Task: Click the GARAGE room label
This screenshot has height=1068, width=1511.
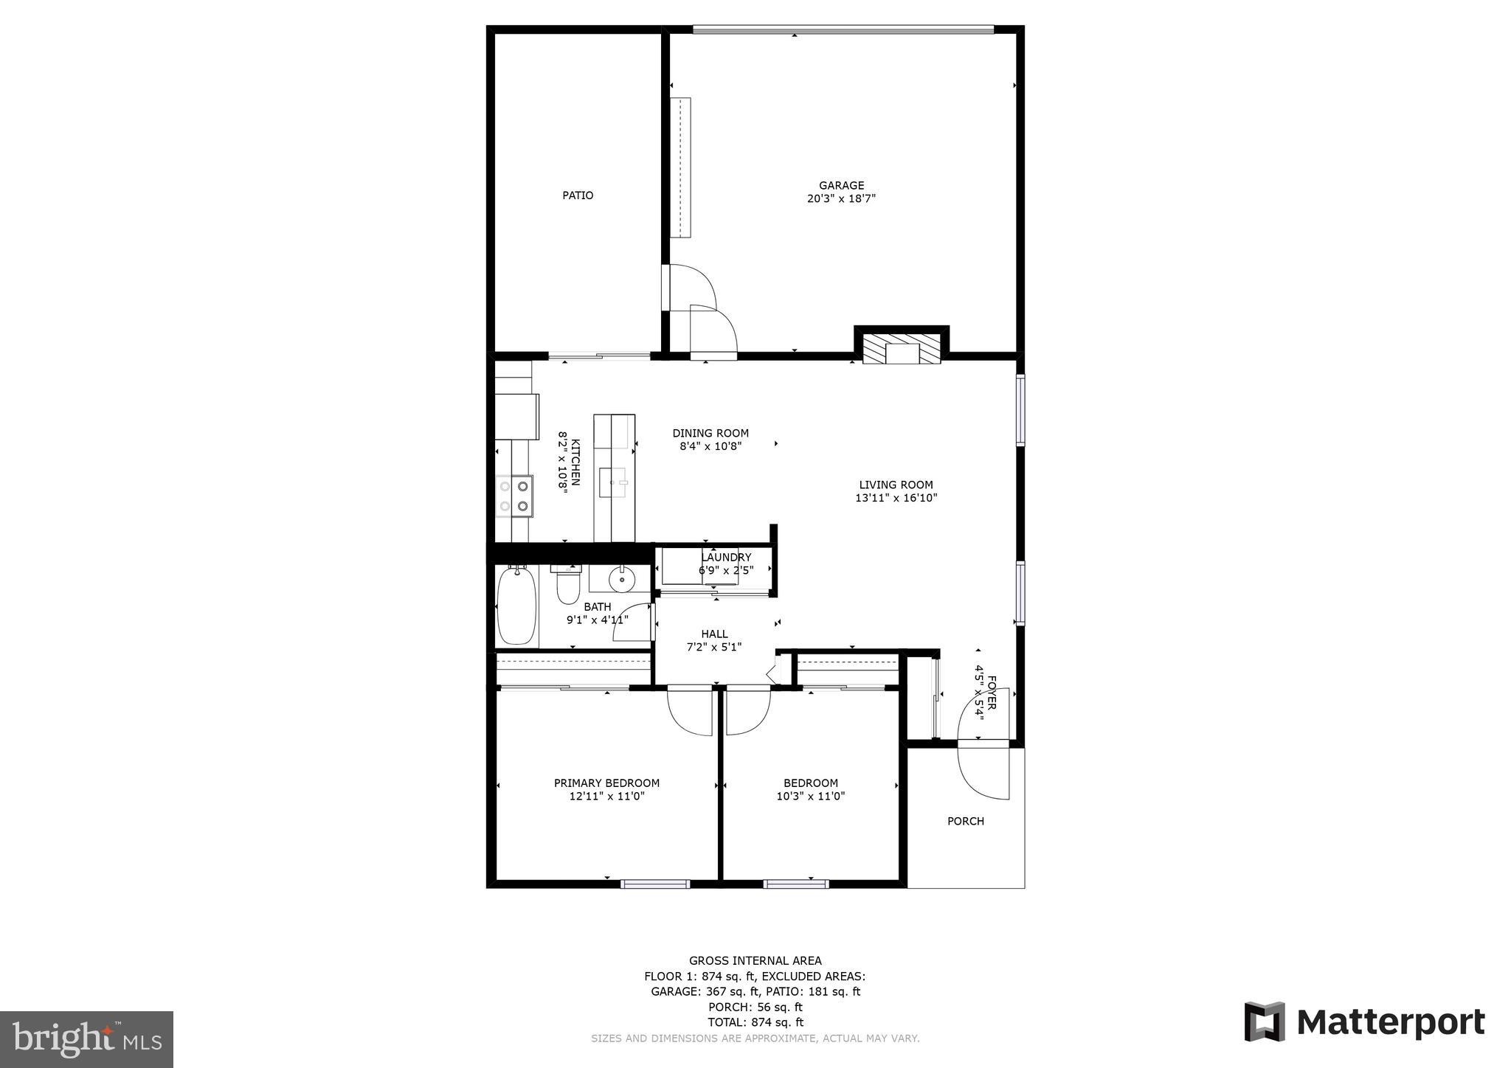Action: click(x=841, y=186)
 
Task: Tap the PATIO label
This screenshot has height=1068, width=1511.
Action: click(x=578, y=195)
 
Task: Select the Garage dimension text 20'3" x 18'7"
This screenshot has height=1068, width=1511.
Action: click(x=841, y=198)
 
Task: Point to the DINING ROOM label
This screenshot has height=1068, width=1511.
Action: click(x=710, y=434)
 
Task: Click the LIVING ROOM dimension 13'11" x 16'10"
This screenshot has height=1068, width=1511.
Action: click(x=896, y=498)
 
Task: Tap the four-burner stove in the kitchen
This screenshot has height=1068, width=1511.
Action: click(x=514, y=496)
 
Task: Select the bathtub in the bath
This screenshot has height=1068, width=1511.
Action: click(x=516, y=606)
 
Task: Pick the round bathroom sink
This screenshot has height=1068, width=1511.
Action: click(x=622, y=580)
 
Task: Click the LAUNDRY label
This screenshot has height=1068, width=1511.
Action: click(x=726, y=558)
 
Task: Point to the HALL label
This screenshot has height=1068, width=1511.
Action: click(x=714, y=634)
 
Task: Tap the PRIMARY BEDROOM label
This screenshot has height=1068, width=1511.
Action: click(x=606, y=783)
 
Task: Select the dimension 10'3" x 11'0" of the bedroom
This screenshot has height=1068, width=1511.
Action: click(x=810, y=797)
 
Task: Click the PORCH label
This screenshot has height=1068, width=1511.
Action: click(x=965, y=822)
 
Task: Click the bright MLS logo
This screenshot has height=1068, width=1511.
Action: click(x=86, y=1039)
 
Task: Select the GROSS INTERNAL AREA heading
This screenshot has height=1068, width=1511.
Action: click(x=755, y=960)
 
